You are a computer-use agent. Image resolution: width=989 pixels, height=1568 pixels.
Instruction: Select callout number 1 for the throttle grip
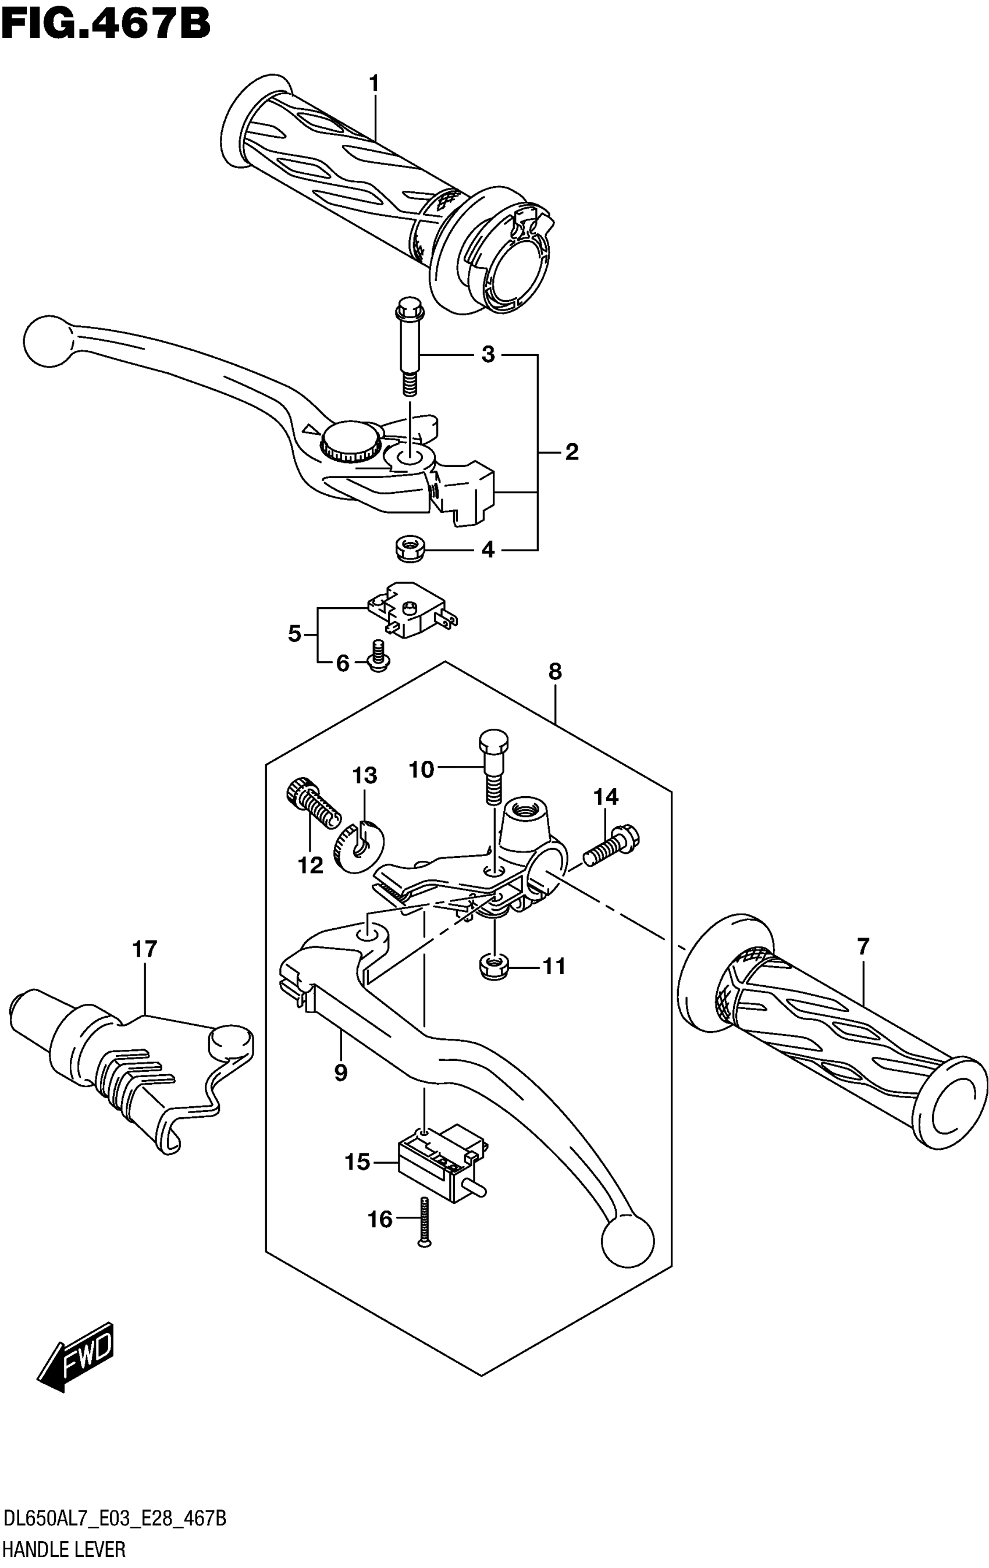(x=373, y=84)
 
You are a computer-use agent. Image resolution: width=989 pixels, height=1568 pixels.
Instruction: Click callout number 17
(x=145, y=949)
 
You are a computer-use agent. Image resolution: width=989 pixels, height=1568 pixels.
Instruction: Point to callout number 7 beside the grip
(x=863, y=947)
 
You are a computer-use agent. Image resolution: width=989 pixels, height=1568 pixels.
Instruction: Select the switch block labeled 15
(x=439, y=1160)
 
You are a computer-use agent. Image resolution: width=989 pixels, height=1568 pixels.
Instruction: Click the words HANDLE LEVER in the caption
(x=65, y=1548)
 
